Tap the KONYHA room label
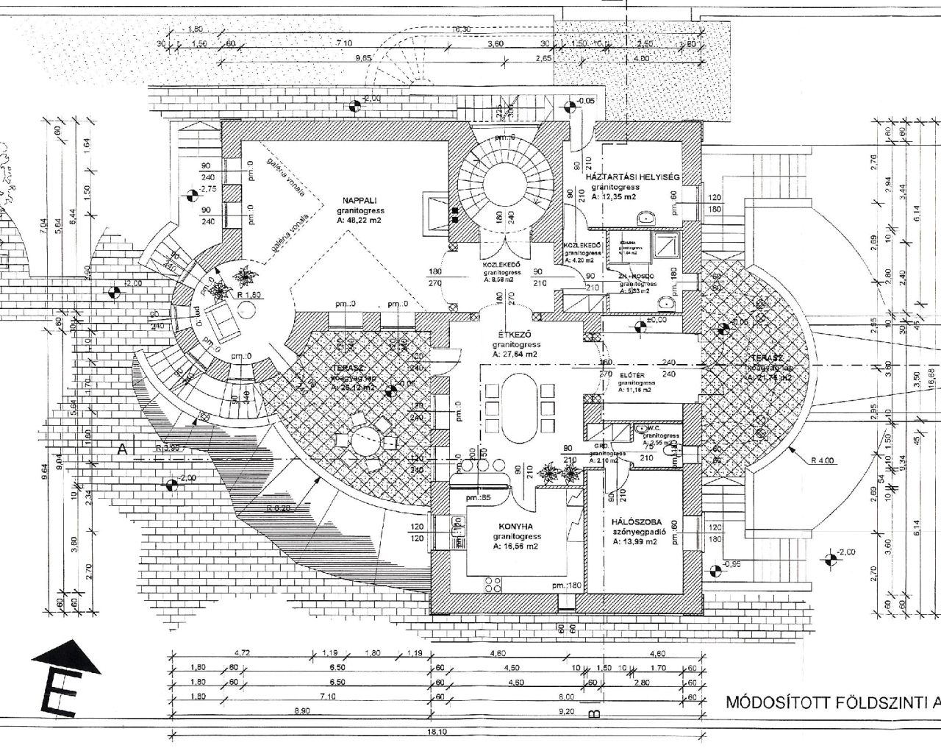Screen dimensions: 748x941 [509, 526]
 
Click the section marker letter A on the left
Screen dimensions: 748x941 [121, 447]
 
